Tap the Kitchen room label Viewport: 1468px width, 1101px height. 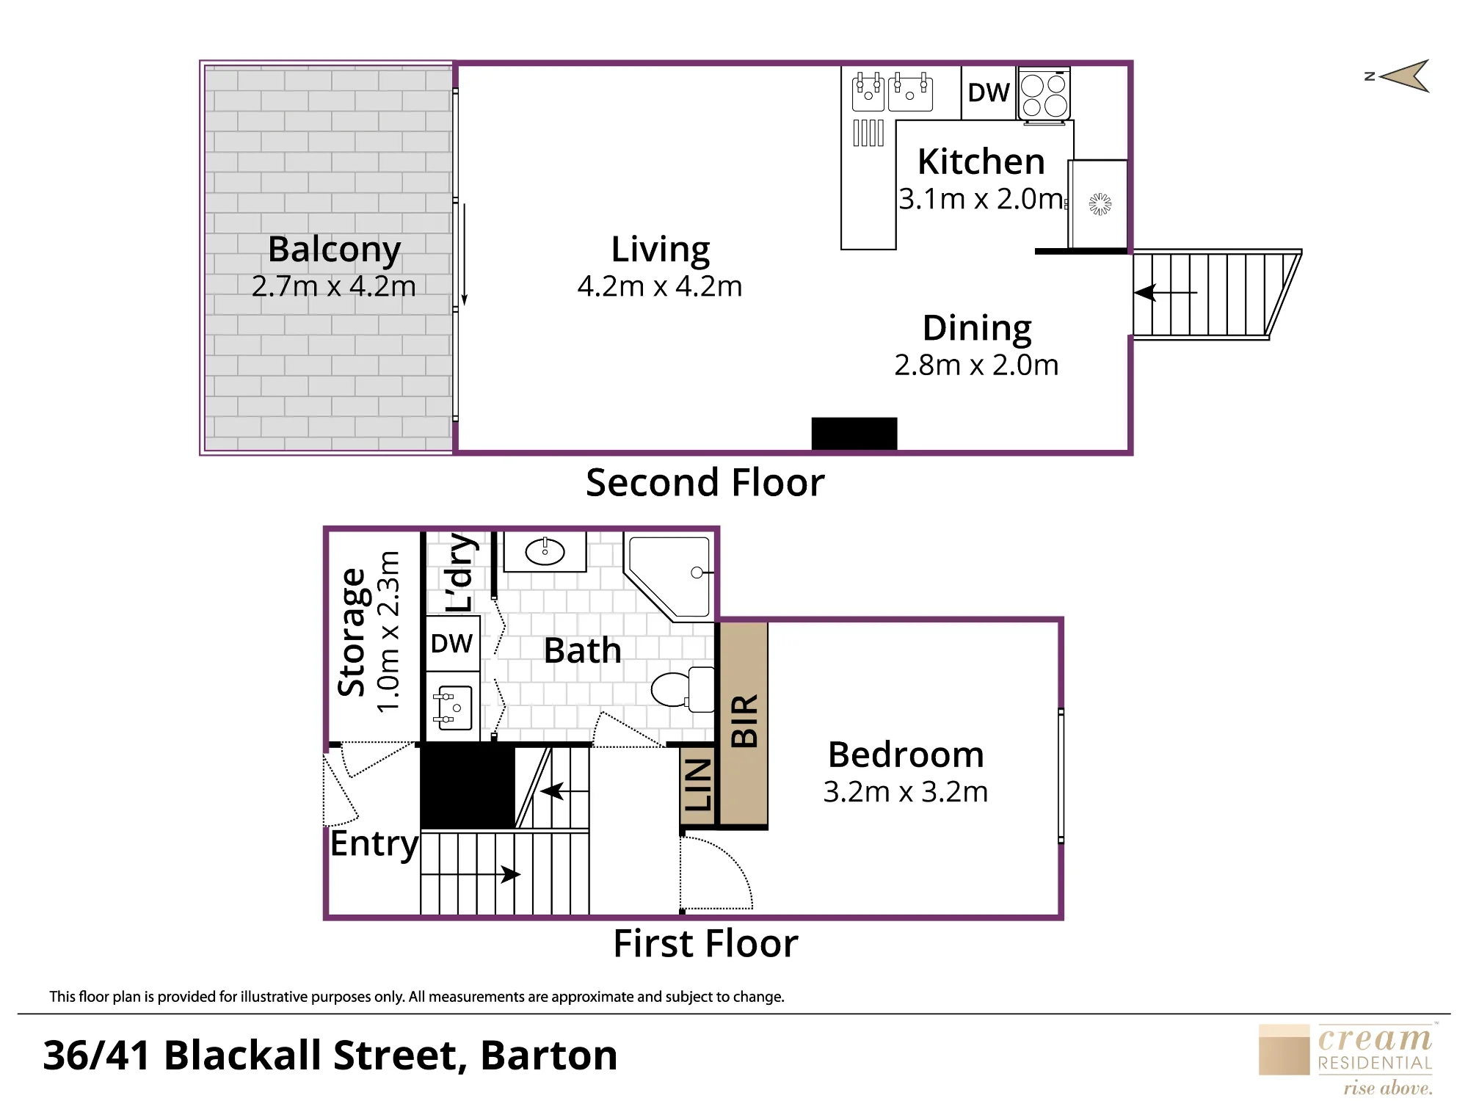coord(981,161)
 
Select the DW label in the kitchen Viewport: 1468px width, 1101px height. coord(989,93)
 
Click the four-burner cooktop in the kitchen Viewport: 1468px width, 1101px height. coord(1044,95)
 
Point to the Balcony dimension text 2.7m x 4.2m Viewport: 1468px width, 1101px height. coord(334,286)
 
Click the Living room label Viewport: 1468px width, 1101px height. coord(661,250)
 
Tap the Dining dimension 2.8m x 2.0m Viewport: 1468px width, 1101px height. coord(976,365)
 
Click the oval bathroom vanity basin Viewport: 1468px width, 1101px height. coord(545,551)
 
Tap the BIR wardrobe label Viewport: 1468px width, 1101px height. coord(744,721)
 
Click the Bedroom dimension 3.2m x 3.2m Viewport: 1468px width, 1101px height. coord(906,792)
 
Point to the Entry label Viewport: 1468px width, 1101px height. coord(374,844)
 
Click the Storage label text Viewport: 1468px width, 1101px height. coord(352,632)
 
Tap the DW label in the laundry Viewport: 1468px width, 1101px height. coord(451,644)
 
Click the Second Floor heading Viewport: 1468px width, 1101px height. coord(705,483)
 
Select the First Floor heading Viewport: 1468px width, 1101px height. coord(705,943)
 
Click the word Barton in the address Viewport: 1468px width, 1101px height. coord(549,1055)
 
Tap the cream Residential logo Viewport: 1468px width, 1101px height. coord(1346,1059)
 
